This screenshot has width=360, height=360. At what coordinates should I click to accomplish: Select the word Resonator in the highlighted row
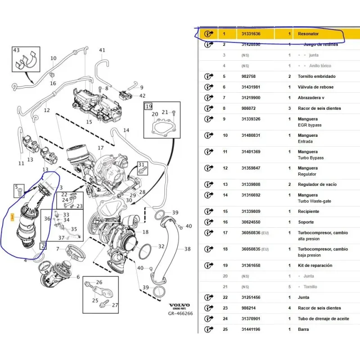[308, 34]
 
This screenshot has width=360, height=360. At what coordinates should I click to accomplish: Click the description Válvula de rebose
[316, 87]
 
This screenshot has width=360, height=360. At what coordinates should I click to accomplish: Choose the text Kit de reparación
[315, 265]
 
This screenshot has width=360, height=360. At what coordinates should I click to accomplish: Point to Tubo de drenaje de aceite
[323, 319]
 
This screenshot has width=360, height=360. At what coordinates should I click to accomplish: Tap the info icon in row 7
[208, 98]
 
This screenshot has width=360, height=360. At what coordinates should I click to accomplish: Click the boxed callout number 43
[16, 50]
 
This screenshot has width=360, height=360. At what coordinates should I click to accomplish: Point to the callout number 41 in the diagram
[102, 50]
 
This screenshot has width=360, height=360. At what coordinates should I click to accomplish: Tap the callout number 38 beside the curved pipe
[188, 249]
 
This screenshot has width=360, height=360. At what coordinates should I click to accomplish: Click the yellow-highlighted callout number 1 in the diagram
[13, 217]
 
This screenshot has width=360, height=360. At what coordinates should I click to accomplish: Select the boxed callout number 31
[142, 164]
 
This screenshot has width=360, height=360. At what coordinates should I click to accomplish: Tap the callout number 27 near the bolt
[115, 305]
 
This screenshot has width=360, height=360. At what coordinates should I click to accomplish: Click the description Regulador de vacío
[317, 184]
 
